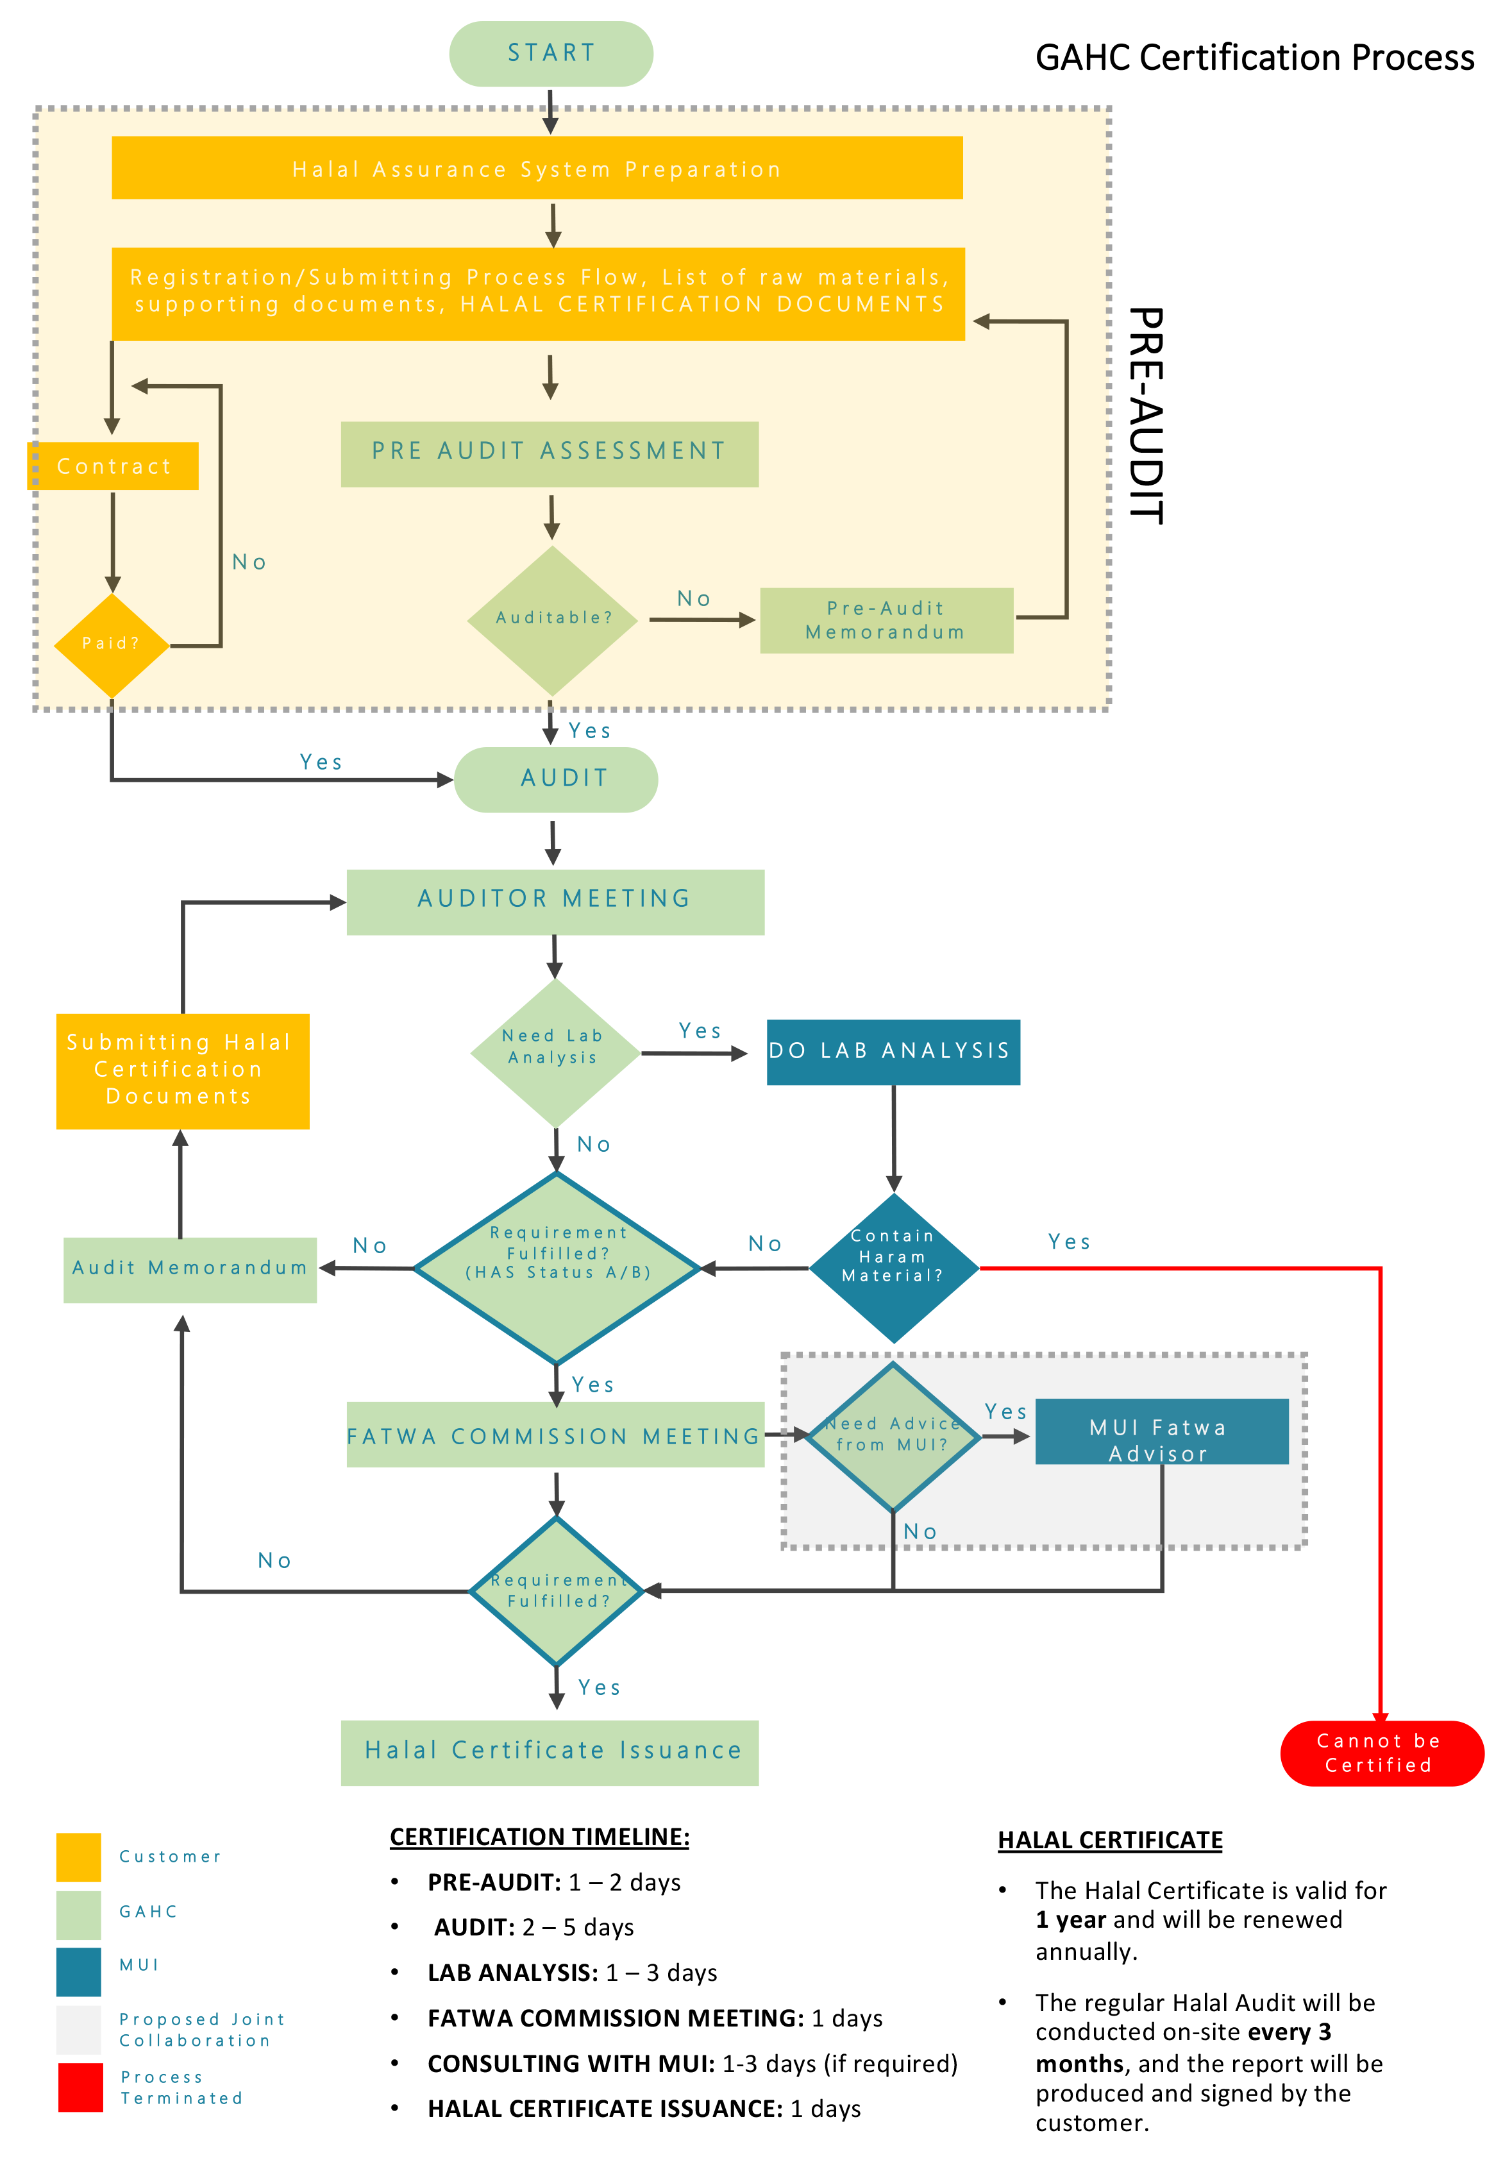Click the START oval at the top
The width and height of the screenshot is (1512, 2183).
coord(550,53)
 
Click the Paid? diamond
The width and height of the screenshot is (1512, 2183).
coord(111,643)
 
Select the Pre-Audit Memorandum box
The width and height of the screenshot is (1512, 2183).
coord(885,619)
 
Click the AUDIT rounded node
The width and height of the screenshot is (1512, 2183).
coord(556,778)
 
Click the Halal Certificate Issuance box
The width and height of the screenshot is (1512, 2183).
coord(550,1751)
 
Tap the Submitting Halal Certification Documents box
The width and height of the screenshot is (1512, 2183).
coord(182,1070)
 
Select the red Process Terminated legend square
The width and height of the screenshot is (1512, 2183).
coord(81,2086)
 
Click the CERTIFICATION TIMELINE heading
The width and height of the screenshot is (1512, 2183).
coord(539,1836)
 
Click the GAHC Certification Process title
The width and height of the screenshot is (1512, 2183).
coord(1254,58)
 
